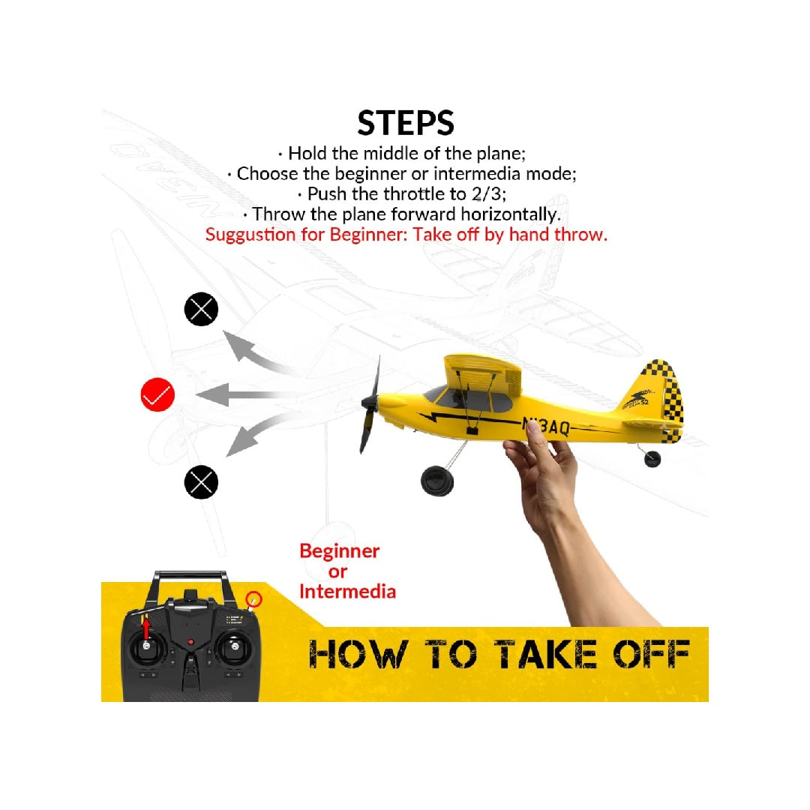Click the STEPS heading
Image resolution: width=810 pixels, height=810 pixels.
click(x=405, y=123)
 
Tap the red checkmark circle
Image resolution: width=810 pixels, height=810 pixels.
click(x=157, y=394)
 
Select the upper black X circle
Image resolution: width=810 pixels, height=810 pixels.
click(x=201, y=309)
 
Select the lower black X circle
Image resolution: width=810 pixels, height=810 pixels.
click(x=201, y=481)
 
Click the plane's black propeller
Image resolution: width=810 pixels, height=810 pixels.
click(x=370, y=405)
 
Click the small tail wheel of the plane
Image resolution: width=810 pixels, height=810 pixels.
click(x=652, y=457)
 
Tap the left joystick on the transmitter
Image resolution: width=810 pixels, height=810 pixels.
click(x=146, y=646)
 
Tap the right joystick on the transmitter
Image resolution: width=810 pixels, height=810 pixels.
click(x=235, y=646)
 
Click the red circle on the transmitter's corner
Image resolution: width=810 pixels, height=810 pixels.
click(x=254, y=599)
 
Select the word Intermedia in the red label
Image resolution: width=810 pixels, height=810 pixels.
click(x=347, y=592)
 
